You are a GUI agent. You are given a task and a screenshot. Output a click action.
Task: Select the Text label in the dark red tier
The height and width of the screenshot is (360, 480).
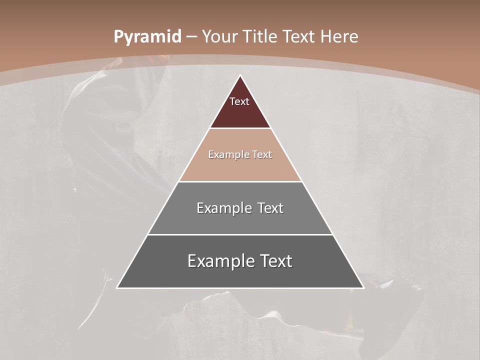(239, 101)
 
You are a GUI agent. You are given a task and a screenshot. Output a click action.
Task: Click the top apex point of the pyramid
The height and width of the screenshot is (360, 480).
(240, 75)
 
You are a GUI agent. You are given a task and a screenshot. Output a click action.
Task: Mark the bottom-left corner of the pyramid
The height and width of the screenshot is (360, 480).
(117, 288)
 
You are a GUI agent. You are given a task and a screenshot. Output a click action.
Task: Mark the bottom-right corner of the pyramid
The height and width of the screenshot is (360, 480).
(363, 288)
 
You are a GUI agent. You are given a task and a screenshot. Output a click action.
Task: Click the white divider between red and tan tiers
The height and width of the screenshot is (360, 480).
(240, 128)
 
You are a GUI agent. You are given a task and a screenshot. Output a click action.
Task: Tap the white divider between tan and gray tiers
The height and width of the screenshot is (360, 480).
(240, 181)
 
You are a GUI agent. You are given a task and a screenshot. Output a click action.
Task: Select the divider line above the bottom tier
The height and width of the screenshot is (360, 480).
(240, 234)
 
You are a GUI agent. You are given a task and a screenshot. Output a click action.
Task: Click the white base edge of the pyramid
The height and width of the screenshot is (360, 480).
(240, 288)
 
